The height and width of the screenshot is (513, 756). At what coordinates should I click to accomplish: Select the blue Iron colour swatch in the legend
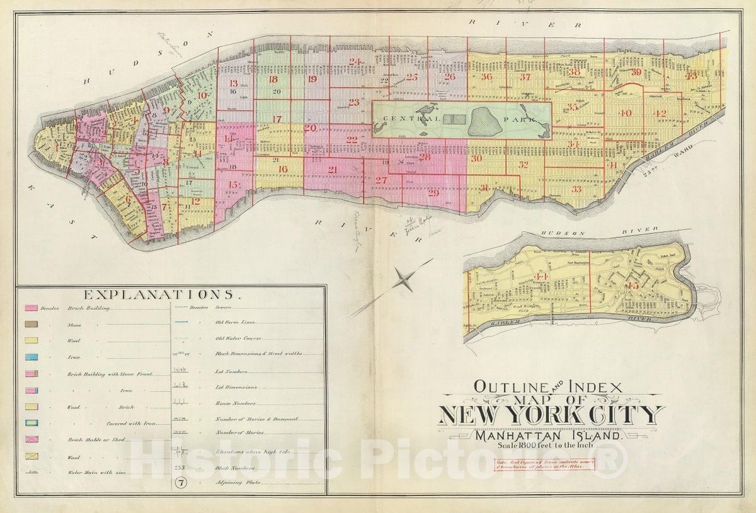coord(31,357)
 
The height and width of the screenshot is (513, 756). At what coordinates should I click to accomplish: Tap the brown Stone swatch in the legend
coord(31,325)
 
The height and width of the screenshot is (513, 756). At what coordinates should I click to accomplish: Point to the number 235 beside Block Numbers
coord(179,468)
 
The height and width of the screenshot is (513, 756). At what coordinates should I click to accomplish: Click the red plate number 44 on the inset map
coord(541,277)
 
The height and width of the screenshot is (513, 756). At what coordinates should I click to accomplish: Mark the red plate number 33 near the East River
coord(576,189)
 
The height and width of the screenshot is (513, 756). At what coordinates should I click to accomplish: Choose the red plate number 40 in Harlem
coord(624,113)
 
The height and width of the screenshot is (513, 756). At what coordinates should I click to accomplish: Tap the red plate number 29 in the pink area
coord(433,193)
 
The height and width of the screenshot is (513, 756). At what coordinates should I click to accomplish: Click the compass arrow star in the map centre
coord(404,279)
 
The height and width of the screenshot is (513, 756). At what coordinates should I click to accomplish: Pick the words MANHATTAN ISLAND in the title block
coord(550,434)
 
